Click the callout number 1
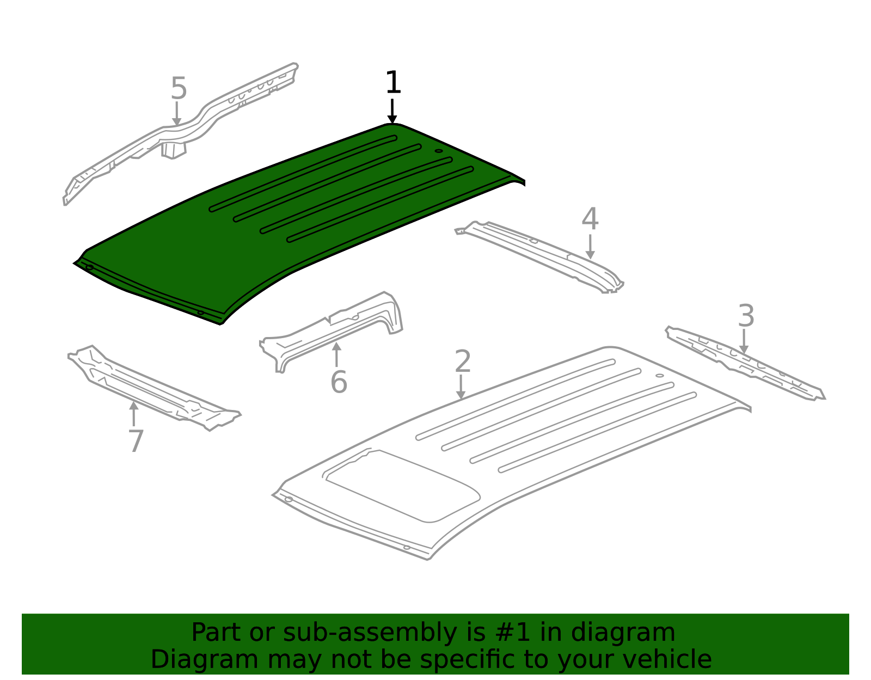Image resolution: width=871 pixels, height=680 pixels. point(393,82)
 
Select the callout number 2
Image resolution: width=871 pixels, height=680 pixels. point(463,361)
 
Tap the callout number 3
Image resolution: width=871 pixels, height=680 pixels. point(746,316)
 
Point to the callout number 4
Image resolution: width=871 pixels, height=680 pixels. point(590,219)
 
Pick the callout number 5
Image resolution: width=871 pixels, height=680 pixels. point(179,89)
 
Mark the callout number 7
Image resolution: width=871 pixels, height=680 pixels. point(136,441)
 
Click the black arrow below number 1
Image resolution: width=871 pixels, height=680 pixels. point(392,111)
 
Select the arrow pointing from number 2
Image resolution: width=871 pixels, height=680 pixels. point(461,387)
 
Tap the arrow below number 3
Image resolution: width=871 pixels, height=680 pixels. point(744,341)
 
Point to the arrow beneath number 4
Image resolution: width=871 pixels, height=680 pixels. point(590,247)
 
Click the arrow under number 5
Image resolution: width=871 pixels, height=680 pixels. point(177,113)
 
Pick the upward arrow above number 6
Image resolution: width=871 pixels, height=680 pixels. point(336,354)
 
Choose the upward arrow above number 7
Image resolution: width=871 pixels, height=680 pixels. point(134,414)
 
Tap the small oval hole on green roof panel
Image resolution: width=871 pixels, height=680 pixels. point(439,151)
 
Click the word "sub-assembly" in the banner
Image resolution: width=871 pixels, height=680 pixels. point(370,633)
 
